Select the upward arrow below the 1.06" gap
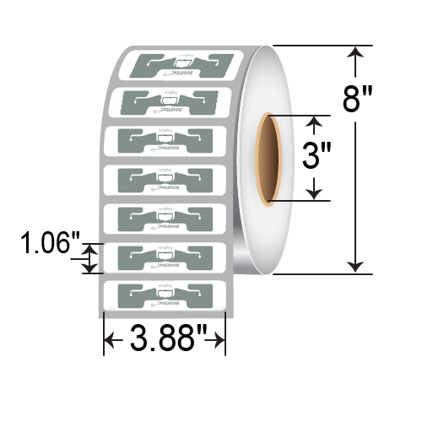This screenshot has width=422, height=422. (89, 268)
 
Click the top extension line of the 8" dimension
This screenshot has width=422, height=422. (321, 44)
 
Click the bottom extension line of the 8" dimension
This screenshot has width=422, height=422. (321, 273)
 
